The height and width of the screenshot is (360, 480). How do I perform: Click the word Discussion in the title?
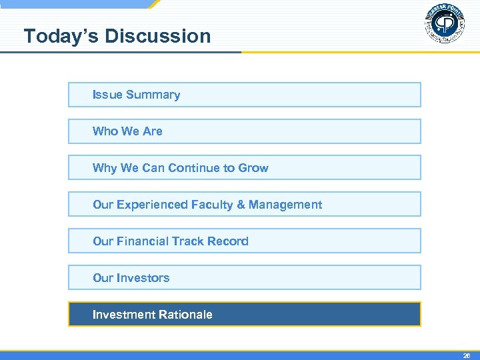click(157, 36)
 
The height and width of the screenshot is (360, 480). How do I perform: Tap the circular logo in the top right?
click(444, 25)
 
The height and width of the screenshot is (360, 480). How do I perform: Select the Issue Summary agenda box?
click(244, 95)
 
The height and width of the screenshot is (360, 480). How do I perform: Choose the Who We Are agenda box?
click(244, 131)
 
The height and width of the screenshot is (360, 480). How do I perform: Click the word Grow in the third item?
click(253, 168)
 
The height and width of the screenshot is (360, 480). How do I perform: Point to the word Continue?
click(196, 168)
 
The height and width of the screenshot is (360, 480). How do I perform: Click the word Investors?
click(143, 278)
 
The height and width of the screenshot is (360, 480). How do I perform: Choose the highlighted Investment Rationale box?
click(244, 314)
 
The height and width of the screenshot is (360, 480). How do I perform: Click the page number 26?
click(467, 356)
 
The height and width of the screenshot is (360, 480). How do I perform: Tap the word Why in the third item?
click(105, 168)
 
